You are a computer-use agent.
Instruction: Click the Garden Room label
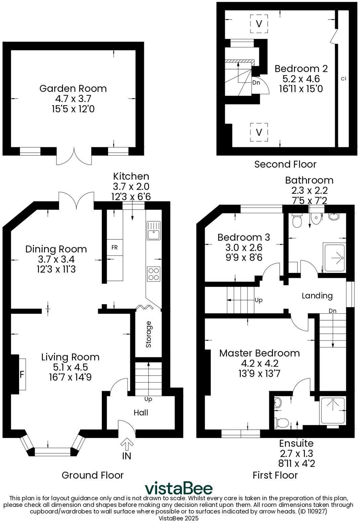click(73, 88)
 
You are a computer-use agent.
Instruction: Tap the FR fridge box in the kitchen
click(115, 247)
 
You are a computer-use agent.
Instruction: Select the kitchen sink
click(153, 231)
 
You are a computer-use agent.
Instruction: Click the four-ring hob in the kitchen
click(153, 273)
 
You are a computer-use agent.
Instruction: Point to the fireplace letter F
click(22, 374)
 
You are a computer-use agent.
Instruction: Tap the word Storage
click(148, 334)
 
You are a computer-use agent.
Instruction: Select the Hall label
click(141, 413)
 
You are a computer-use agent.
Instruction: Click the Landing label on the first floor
click(317, 295)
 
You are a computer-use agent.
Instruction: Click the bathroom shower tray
click(334, 257)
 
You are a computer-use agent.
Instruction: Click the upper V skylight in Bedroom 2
click(259, 24)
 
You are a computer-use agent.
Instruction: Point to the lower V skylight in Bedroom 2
click(259, 132)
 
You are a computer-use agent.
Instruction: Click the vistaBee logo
click(178, 488)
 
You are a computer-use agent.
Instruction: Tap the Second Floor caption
click(285, 164)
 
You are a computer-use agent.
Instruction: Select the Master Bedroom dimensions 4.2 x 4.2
click(260, 363)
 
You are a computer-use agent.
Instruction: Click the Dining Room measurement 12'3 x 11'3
click(56, 269)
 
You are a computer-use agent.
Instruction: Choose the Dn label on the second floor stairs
click(256, 82)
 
